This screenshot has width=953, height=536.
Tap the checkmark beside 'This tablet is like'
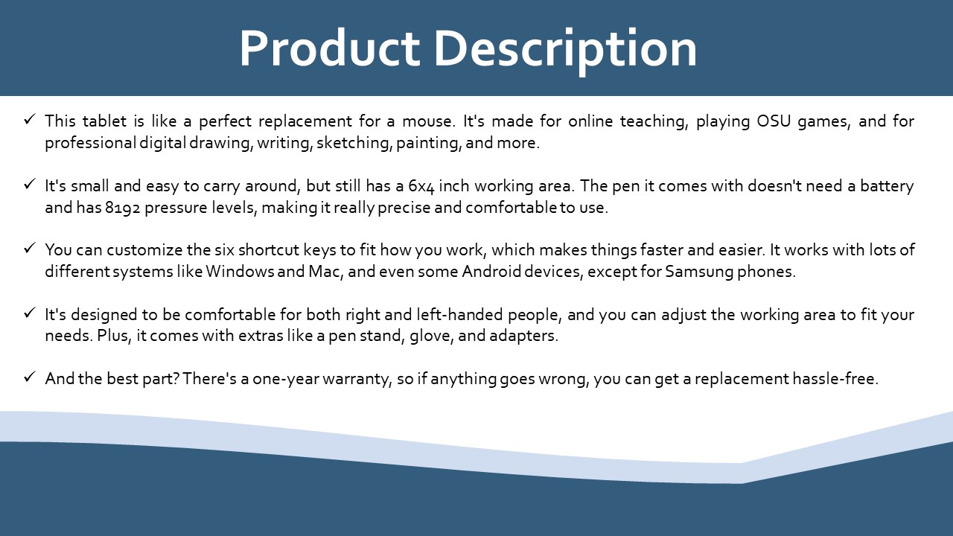30,119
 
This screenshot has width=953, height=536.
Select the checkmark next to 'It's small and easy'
30,184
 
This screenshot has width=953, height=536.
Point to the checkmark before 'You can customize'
30,248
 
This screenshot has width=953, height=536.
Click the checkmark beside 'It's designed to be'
30,313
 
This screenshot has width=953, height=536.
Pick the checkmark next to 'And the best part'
30,377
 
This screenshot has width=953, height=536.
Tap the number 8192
123,208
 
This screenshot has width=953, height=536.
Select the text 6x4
421,187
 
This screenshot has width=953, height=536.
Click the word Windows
240,272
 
